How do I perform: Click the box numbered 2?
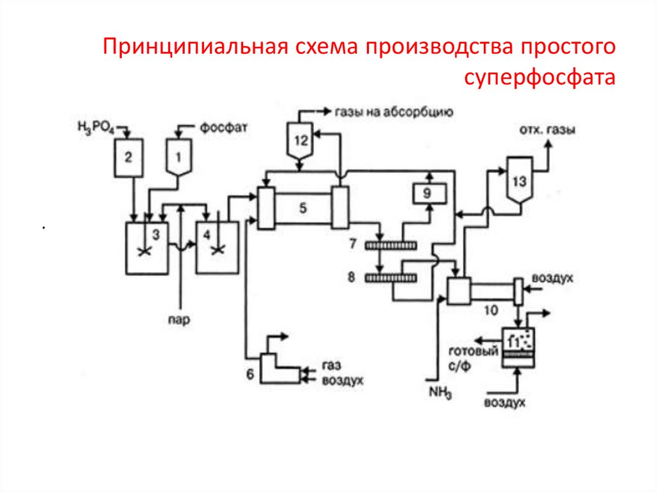tap(129, 157)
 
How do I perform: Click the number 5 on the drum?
tap(303, 207)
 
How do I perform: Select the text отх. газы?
tap(547, 130)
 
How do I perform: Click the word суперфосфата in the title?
tap(540, 78)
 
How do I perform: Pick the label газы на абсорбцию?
tap(393, 112)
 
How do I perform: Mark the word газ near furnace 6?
tap(330, 365)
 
